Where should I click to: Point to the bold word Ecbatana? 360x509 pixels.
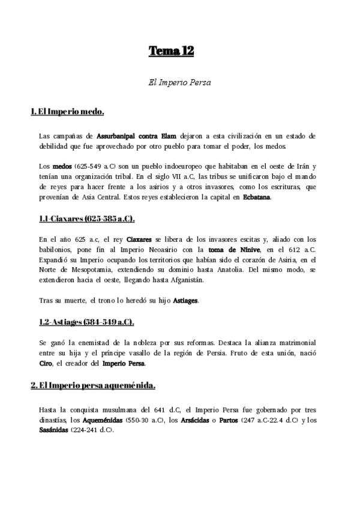(x=257, y=197)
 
